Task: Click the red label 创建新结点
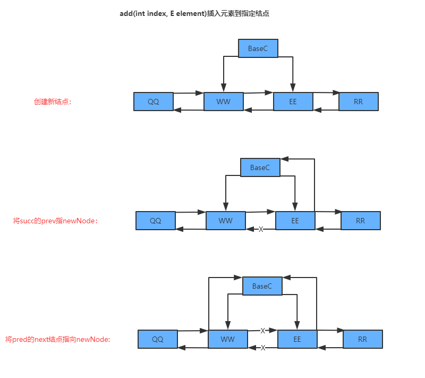(52, 102)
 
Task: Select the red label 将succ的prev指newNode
(55, 220)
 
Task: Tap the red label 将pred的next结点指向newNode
(58, 339)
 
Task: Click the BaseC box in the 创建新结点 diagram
(258, 48)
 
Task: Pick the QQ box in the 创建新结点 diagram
(154, 102)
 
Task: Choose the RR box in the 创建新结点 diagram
(359, 102)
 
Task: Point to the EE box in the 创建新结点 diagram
(293, 102)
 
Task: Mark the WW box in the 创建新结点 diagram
(224, 102)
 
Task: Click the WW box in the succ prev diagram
(226, 221)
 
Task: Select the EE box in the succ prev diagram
(295, 221)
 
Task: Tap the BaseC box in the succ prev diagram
(260, 167)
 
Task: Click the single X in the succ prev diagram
(260, 229)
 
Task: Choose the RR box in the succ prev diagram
(361, 221)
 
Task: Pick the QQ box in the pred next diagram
(158, 339)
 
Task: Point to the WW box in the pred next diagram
(228, 339)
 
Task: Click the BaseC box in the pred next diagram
(262, 286)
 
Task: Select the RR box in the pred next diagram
(363, 339)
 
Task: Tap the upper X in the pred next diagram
(262, 331)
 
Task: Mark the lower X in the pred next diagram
(262, 348)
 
